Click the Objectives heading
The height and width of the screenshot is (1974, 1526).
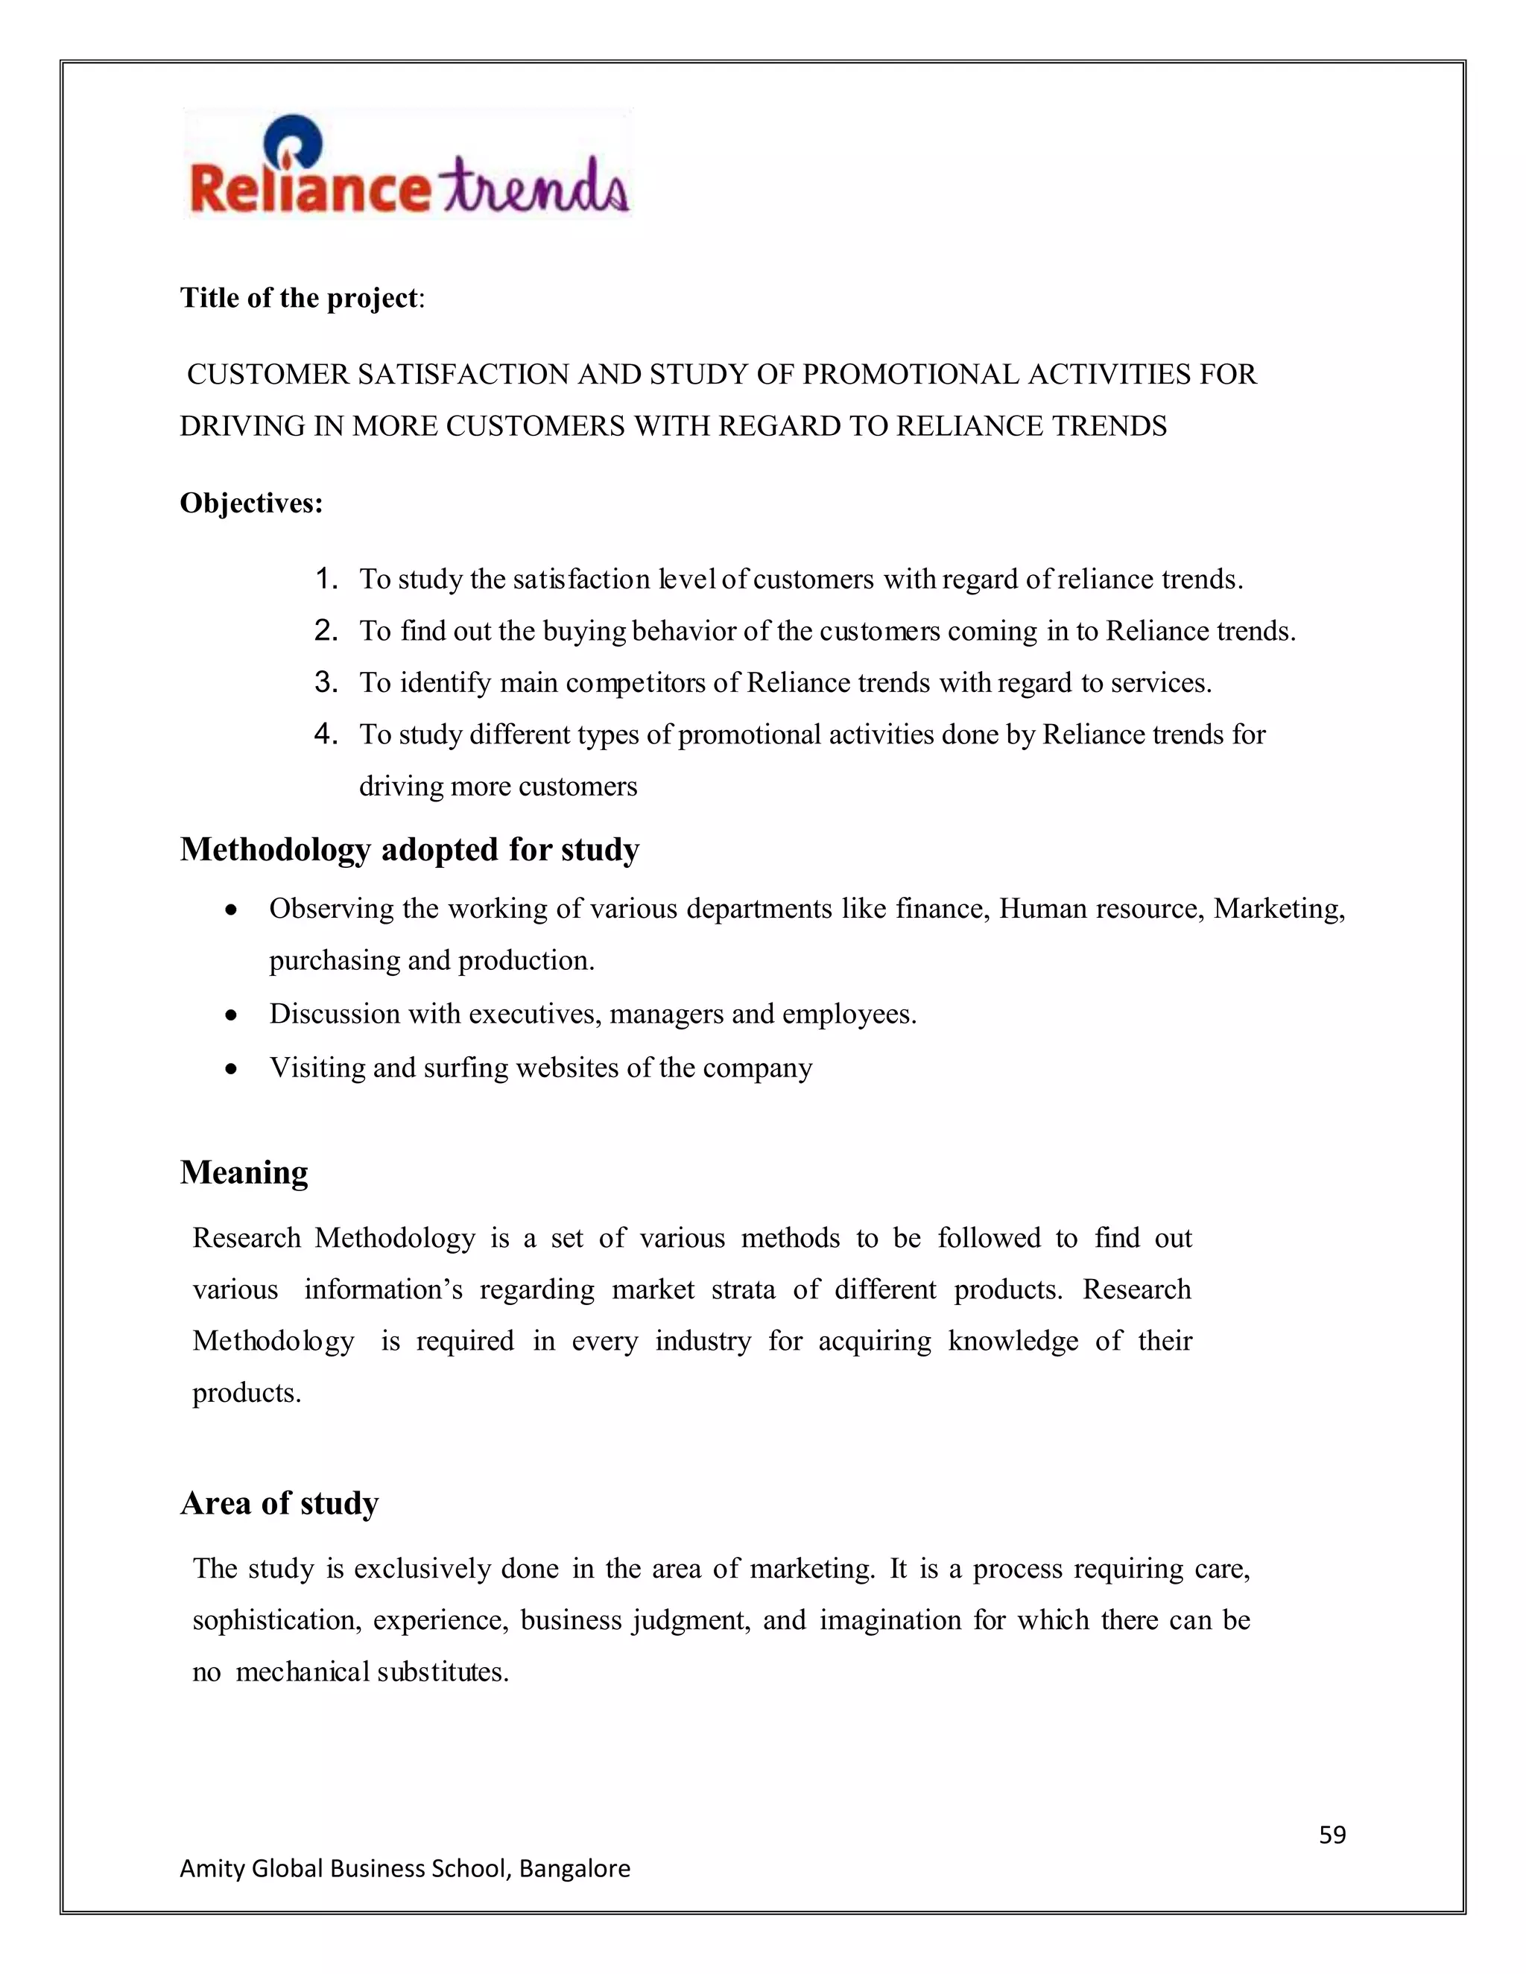pos(251,503)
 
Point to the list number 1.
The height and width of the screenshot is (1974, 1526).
pos(326,579)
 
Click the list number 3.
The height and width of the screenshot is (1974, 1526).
pos(326,682)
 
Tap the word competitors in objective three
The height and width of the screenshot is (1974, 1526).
pos(639,683)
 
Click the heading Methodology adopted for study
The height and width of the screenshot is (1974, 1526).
pos(410,850)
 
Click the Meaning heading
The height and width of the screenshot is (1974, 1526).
pos(244,1172)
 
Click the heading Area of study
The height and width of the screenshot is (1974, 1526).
pos(279,1503)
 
